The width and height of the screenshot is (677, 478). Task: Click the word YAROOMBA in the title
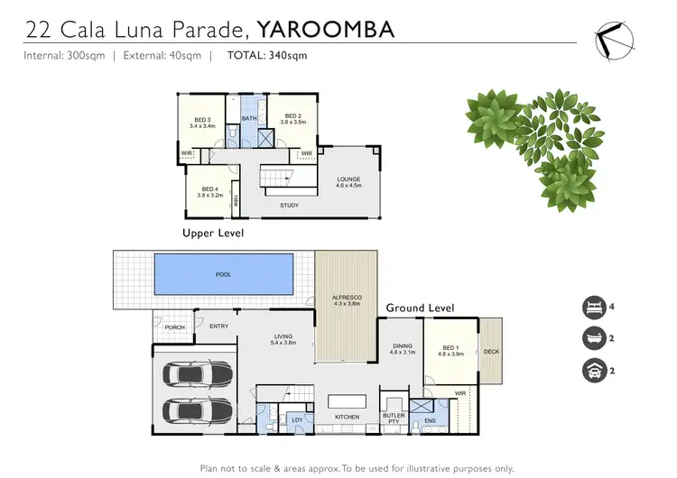325,29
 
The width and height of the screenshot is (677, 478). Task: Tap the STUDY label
289,206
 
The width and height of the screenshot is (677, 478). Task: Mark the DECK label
491,352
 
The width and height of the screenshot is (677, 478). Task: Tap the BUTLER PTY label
394,418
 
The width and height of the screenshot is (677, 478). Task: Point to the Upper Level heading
212,233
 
